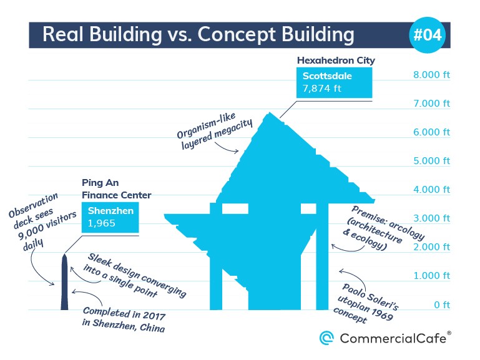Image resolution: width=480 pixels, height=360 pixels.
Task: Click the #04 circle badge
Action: click(427, 35)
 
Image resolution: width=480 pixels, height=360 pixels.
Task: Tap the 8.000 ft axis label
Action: click(432, 75)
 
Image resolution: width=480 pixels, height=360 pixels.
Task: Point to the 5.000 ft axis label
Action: click(432, 161)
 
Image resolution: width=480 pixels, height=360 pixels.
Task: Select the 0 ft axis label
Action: click(442, 304)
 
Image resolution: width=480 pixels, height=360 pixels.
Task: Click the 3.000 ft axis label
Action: click(432, 218)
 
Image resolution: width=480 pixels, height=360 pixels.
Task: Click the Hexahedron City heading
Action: click(336, 61)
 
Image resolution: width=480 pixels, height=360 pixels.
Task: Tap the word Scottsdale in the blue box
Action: click(327, 76)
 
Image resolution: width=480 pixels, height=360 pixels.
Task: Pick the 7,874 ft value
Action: click(321, 89)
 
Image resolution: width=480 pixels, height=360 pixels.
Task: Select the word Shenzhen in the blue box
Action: click(110, 211)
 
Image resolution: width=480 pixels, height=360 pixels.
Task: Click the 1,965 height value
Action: click(101, 223)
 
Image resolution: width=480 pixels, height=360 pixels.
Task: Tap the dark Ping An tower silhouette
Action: click(64, 281)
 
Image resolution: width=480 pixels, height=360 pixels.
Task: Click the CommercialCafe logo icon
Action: click(326, 338)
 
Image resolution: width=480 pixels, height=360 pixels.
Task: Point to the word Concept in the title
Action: click(237, 34)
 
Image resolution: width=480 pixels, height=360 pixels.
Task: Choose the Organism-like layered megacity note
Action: click(215, 130)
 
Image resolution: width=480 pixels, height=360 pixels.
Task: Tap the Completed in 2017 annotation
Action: click(124, 319)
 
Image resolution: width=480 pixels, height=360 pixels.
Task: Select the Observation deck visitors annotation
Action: click(42, 221)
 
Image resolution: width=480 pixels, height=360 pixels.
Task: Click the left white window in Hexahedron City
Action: click(235, 208)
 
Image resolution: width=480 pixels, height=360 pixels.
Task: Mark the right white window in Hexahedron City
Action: click(308, 208)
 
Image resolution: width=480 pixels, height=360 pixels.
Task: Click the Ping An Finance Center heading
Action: click(116, 189)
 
